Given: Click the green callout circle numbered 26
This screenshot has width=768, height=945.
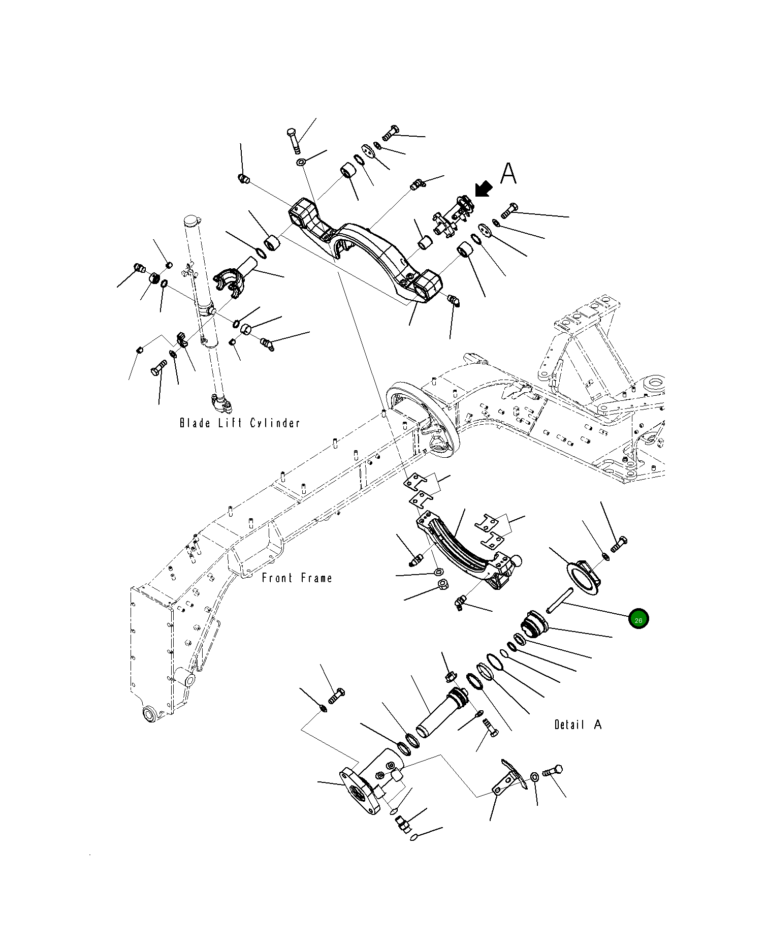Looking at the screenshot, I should tap(638, 619).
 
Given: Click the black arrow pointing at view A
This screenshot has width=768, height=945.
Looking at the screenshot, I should tap(484, 188).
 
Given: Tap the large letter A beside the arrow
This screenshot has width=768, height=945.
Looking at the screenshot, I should tap(508, 174).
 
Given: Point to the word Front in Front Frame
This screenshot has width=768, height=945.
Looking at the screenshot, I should tap(277, 578).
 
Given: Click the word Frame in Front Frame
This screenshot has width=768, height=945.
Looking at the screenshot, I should tap(316, 578).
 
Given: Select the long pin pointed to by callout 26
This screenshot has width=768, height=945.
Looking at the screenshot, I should tap(560, 600).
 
